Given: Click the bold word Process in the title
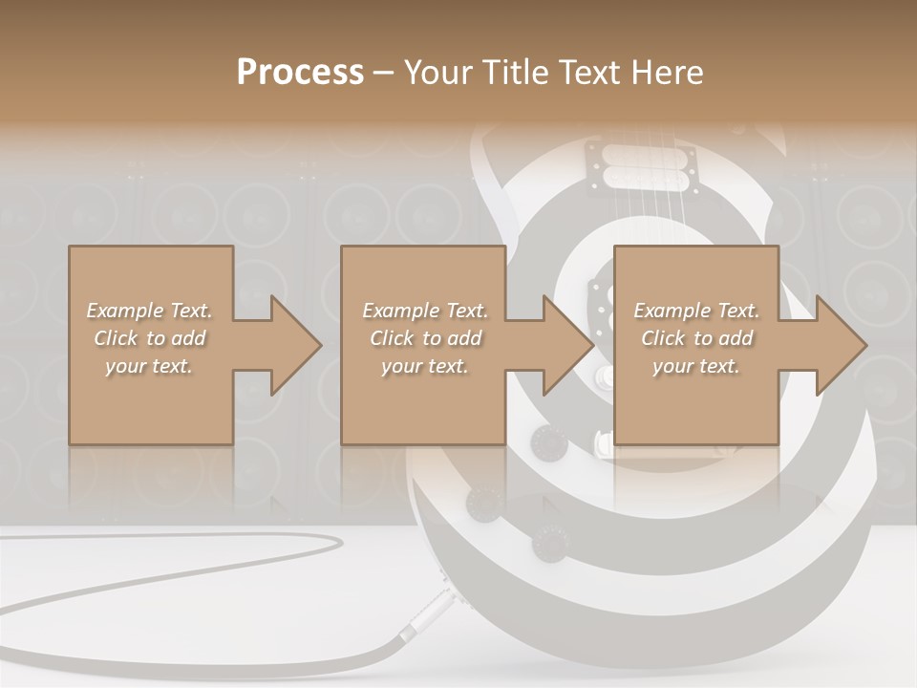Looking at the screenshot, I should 300,73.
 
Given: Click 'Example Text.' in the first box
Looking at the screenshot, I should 150,311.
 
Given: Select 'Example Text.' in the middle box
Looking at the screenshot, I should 425,311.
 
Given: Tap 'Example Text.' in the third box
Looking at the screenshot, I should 696,311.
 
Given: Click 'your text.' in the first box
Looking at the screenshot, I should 149,366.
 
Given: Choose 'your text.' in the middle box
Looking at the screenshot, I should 424,366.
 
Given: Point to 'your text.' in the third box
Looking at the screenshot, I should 695,366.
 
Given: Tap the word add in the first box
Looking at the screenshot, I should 187,338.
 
